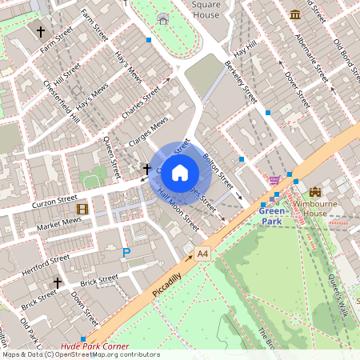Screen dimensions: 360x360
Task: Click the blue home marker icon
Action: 180,172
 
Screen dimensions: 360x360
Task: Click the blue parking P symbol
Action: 126,253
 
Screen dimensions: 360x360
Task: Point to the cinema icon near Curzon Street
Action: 82,209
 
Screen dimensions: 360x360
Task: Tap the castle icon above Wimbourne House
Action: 314,192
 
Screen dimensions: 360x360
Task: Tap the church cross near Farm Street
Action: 41,32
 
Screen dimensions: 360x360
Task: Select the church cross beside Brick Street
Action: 57,282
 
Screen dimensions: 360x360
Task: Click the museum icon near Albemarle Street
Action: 296,14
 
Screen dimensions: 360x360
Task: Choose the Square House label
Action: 206,9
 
